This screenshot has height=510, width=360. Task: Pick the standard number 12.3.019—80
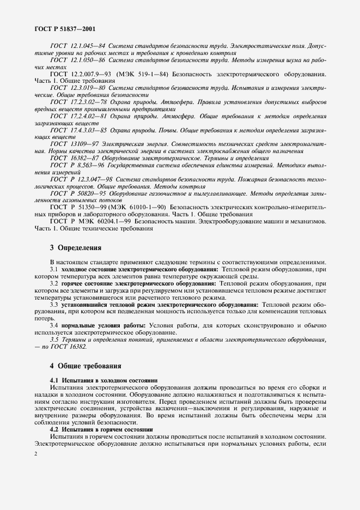point(87,87)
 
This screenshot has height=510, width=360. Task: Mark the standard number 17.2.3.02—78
point(89,102)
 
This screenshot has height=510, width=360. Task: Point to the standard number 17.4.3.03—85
point(89,131)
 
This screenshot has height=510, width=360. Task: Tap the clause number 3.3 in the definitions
point(54,304)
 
